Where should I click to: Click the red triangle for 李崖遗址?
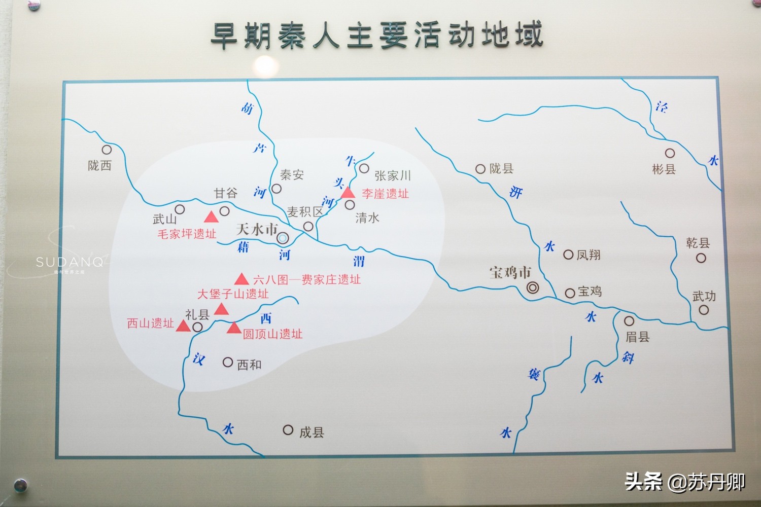click(348, 193)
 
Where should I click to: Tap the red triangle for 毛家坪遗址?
click(211, 218)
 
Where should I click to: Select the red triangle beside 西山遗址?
click(183, 325)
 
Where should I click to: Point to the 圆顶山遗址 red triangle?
click(234, 328)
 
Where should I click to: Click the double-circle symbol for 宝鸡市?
click(532, 288)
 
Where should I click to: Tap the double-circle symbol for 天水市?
click(283, 238)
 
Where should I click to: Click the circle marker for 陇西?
click(107, 150)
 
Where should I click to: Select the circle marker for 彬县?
click(670, 153)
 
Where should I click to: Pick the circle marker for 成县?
click(288, 430)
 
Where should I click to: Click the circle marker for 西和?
click(228, 362)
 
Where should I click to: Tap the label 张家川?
click(392, 175)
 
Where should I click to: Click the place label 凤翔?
click(589, 255)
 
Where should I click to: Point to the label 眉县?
click(637, 337)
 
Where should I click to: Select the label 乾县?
click(698, 243)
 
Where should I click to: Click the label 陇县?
click(501, 168)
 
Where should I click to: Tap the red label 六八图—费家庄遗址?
click(306, 279)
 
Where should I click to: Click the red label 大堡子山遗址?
click(233, 294)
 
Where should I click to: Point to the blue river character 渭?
click(359, 261)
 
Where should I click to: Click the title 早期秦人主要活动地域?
click(376, 35)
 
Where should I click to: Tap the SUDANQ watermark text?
click(70, 262)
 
